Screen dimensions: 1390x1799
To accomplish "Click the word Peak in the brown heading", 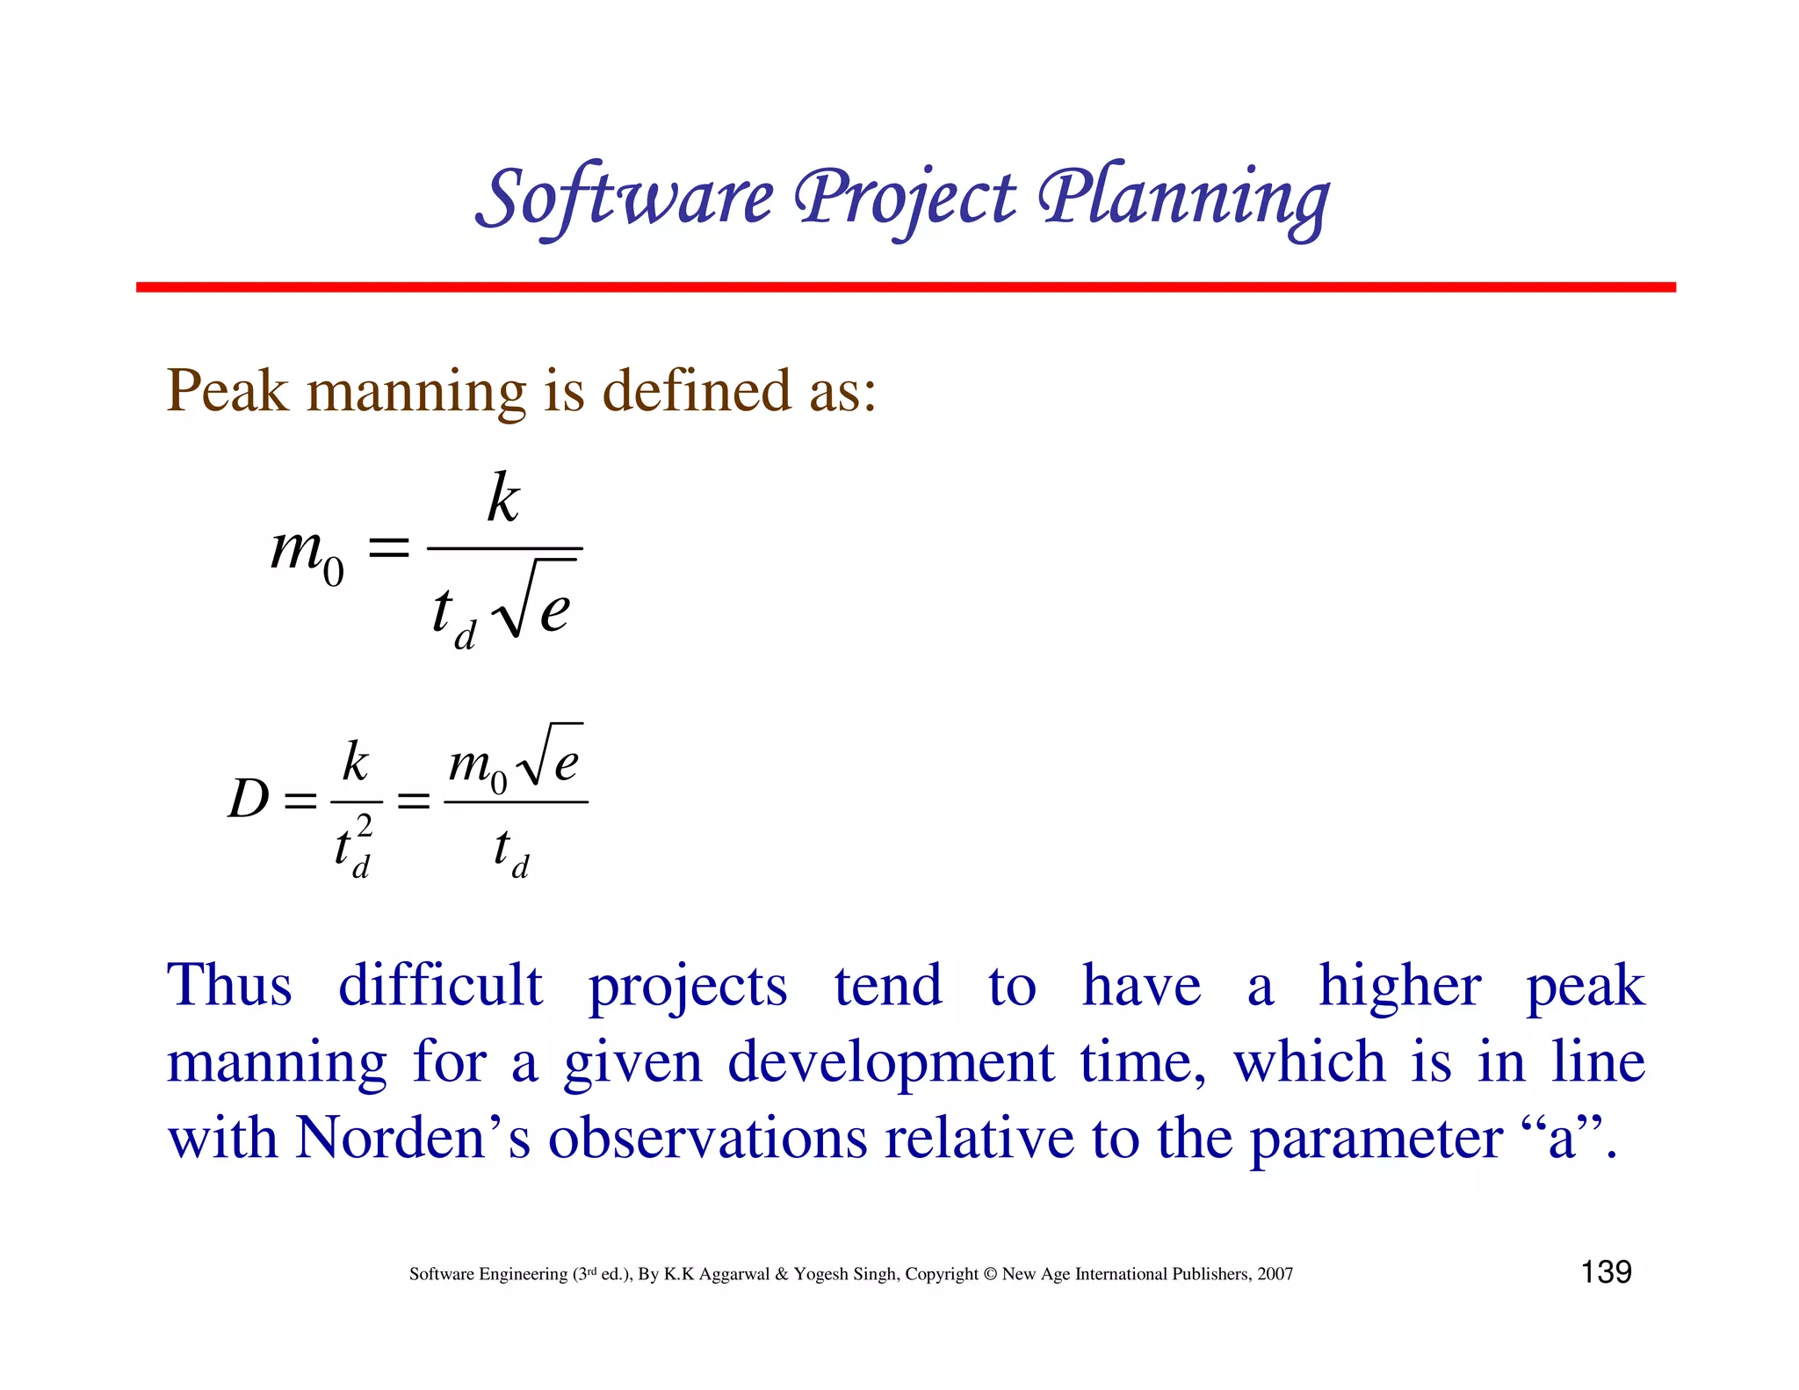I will click(227, 390).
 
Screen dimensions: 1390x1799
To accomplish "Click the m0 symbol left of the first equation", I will click(307, 554).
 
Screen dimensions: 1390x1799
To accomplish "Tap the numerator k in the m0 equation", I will click(503, 498).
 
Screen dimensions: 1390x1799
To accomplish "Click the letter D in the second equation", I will click(248, 800).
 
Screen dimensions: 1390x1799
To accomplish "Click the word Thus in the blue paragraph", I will click(229, 985).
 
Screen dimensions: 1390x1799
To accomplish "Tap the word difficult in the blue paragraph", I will click(440, 985).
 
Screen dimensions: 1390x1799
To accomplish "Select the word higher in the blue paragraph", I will click(1399, 985).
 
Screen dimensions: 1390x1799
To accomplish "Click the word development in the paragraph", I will click(891, 1062).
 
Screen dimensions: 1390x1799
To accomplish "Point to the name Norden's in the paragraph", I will click(412, 1139).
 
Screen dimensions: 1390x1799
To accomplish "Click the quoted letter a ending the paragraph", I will click(1561, 1139).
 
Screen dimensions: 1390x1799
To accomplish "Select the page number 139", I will click(1606, 1272).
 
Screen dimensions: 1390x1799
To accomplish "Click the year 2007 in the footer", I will click(1275, 1274).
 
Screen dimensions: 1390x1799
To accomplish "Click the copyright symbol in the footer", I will click(990, 1274).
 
